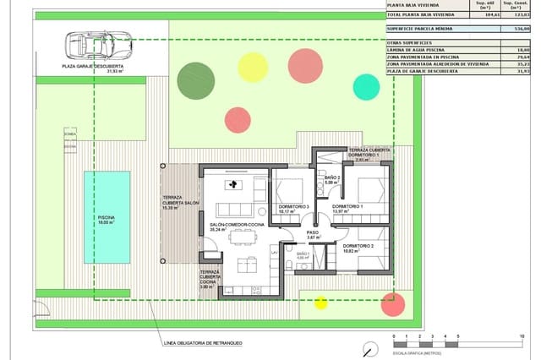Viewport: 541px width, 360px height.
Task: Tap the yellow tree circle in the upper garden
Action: [x=252, y=66]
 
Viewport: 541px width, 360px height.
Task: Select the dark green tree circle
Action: [x=195, y=79]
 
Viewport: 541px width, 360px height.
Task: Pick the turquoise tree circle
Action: [x=366, y=86]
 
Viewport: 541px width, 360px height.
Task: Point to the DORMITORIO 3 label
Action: [x=293, y=207]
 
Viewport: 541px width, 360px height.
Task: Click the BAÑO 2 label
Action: [x=331, y=178]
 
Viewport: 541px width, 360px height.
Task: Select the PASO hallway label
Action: [x=313, y=233]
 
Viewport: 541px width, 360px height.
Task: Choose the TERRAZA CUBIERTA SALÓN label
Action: [x=181, y=202]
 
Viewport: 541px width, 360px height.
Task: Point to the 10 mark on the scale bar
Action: [x=522, y=337]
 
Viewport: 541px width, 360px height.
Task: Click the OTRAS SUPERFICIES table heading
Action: [x=409, y=41]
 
